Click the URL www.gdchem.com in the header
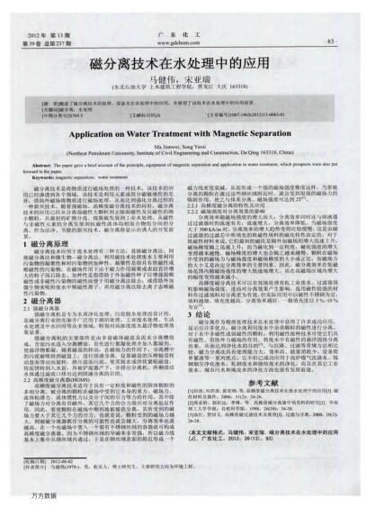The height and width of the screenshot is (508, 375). (x=186, y=41)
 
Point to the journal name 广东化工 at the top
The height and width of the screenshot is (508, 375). (x=186, y=32)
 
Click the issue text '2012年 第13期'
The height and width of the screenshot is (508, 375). (x=46, y=32)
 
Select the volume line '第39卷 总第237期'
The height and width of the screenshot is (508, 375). (x=49, y=41)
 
